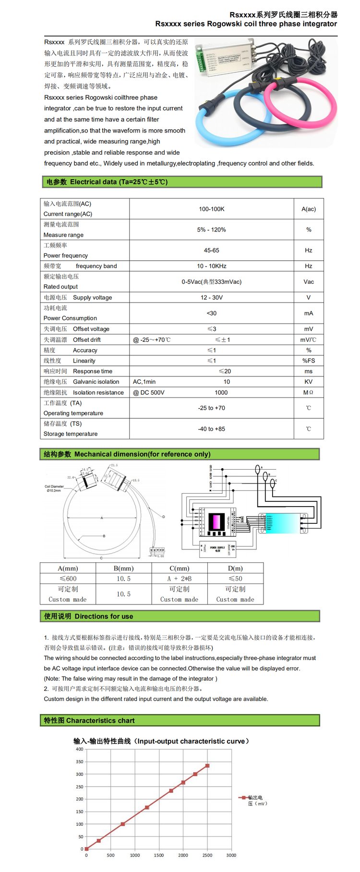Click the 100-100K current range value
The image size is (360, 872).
(212, 209)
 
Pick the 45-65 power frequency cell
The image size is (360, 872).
(212, 250)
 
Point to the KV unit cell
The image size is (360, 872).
(308, 382)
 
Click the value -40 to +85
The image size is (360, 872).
(212, 429)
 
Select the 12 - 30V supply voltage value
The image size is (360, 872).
(212, 297)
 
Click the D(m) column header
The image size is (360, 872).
(235, 568)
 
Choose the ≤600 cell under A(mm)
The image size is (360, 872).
(68, 579)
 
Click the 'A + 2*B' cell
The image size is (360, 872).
(179, 579)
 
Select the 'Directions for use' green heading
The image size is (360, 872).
(104, 616)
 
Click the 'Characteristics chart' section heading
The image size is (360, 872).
(100, 720)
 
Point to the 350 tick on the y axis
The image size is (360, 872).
(79, 762)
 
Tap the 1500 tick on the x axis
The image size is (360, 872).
(159, 855)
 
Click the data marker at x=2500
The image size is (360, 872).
(207, 765)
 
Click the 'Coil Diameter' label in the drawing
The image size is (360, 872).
(54, 486)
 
